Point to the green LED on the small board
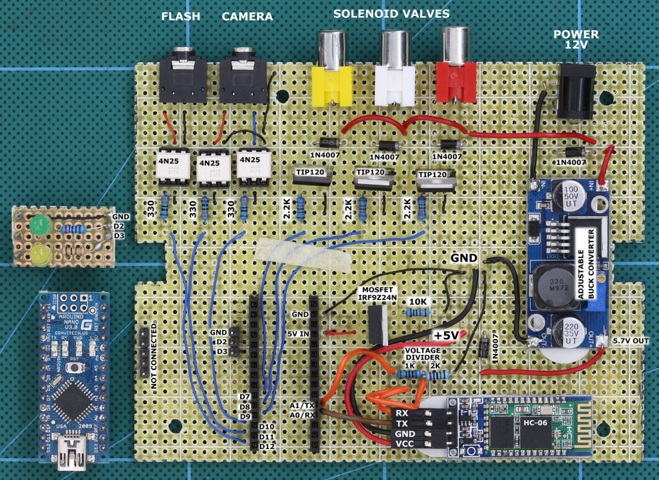click(39, 226)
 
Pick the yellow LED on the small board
click(39, 255)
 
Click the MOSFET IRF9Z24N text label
click(383, 295)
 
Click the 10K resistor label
click(419, 300)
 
